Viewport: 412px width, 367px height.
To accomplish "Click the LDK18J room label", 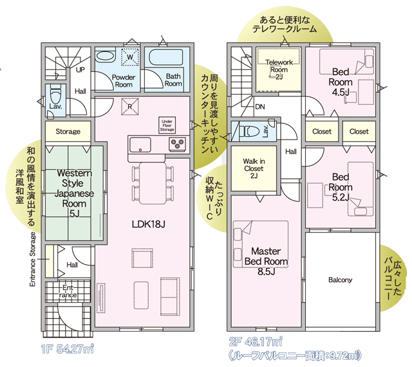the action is coord(149,224).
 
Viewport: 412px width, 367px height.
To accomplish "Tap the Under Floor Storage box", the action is coord(167,125).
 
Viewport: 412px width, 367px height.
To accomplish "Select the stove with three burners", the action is coord(178,143).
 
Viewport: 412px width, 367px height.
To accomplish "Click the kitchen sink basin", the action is coord(140,145).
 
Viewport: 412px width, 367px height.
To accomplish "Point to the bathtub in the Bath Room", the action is coord(165,57).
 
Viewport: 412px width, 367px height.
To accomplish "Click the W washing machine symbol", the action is coord(130,57).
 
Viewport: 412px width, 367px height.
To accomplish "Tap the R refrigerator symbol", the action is coord(130,107).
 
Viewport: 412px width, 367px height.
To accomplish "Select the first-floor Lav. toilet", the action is coord(55,93).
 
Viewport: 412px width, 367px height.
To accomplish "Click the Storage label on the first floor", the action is coord(68,131).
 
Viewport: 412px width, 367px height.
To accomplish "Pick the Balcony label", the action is coord(341,280).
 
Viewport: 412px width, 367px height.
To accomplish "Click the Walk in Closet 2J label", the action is coord(254,168).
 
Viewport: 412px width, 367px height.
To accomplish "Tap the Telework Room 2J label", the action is coord(279,69).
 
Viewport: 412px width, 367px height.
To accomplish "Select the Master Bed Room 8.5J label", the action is coord(266,262).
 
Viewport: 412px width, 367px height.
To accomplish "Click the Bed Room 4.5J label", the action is coord(341,82).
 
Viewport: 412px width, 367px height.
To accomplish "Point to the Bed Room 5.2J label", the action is coord(341,187).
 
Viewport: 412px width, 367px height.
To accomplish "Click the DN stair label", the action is coord(260,107).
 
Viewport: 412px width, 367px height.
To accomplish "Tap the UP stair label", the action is coord(80,70).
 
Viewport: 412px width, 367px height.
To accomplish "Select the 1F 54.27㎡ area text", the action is coord(68,349).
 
